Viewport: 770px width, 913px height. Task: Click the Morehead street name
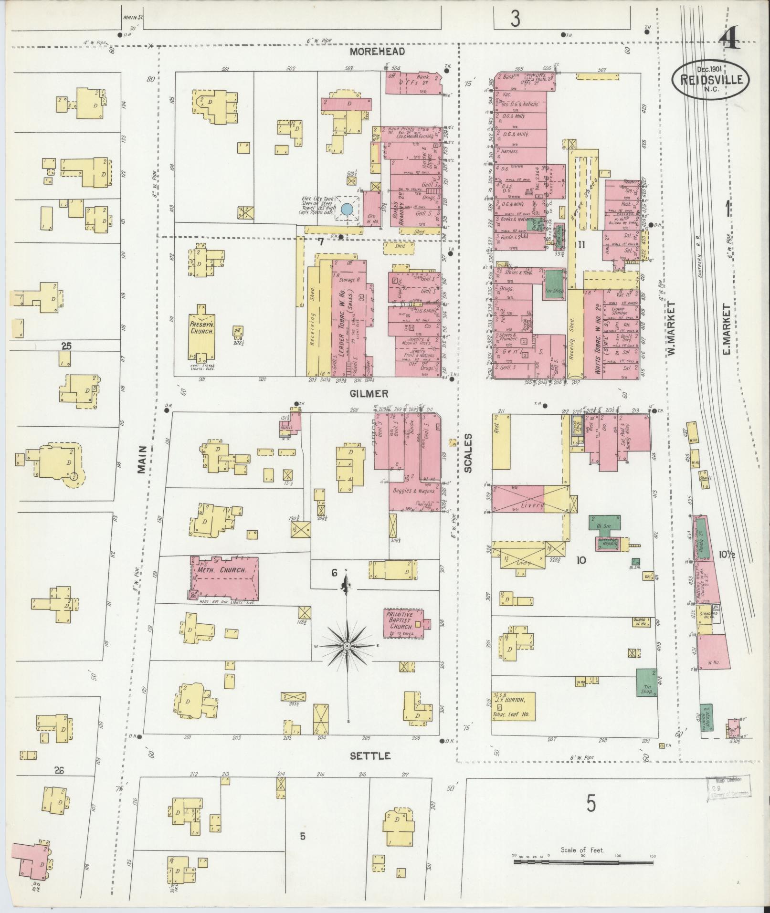point(377,52)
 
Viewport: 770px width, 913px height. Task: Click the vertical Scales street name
point(468,453)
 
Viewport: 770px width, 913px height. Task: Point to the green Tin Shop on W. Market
point(646,682)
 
